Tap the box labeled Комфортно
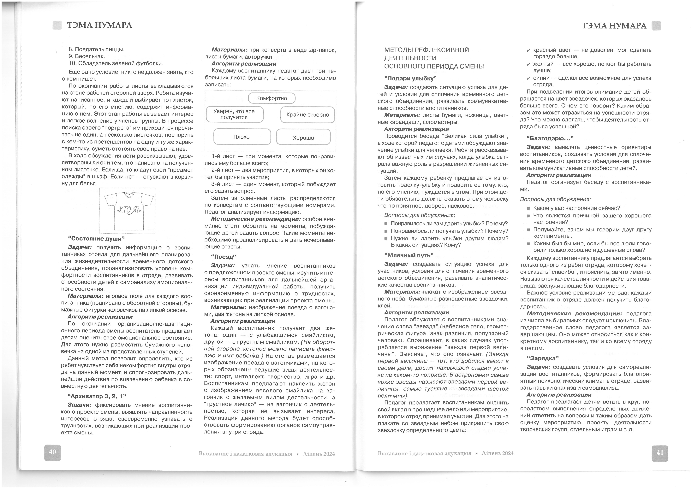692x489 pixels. pos(271,98)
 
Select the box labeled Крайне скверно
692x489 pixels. pos(307,115)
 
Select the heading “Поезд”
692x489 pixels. pos(223,257)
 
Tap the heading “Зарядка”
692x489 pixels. pos(543,358)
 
